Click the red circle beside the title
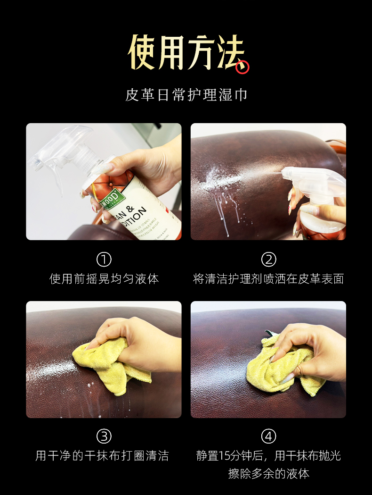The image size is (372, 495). coord(242,67)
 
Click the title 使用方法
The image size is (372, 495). coord(186,52)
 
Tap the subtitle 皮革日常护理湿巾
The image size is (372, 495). coord(186,95)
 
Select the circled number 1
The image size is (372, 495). coord(104,259)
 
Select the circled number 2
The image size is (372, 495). coord(268,259)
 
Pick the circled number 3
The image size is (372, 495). coord(104,436)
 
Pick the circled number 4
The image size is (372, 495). coord(268,436)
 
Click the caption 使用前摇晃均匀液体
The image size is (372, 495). coord(104,279)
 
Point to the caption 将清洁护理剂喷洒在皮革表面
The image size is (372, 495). coord(268,279)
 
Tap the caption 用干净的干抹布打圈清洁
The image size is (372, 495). coord(102,456)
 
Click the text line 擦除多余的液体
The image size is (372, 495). coord(268,474)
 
